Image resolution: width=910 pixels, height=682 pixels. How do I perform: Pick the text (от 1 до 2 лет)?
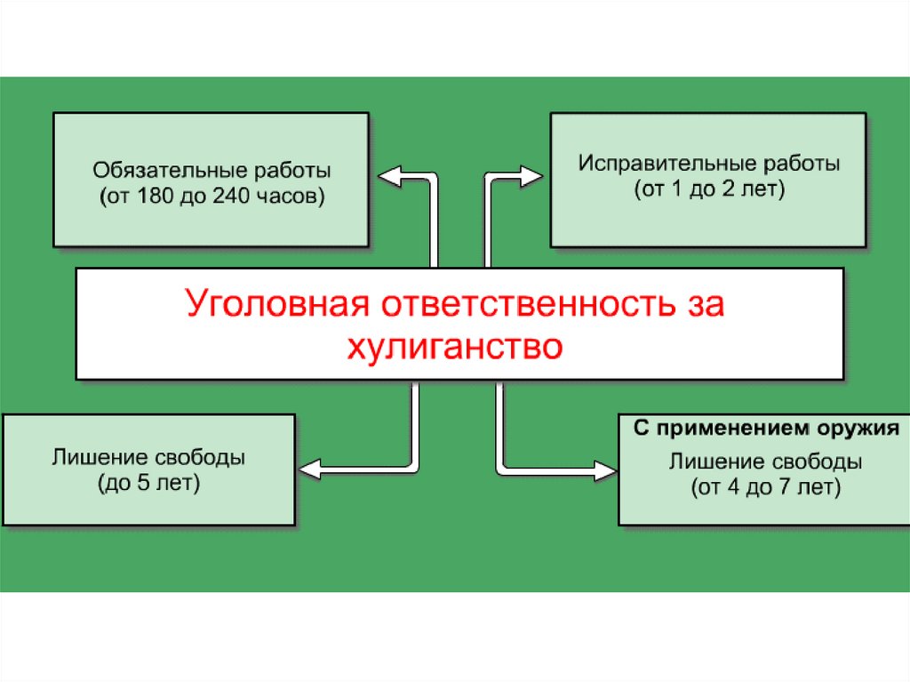tap(709, 190)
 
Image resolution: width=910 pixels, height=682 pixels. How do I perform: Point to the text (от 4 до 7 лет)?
tap(764, 487)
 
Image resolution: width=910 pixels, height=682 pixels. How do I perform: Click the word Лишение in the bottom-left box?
tap(92, 459)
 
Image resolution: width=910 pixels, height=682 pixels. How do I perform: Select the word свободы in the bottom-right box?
tap(818, 462)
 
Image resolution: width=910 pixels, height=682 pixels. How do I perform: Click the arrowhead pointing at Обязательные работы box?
tap(387, 175)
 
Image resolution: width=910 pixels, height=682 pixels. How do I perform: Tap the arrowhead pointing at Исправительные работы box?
tap(533, 175)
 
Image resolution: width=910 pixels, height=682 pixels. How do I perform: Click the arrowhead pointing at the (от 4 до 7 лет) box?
tap(608, 466)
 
